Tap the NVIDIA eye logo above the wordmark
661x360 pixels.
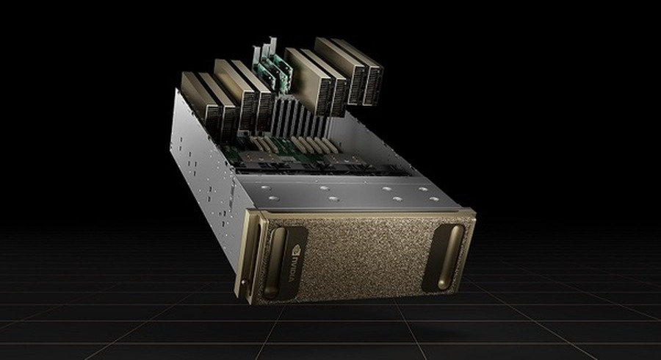click(x=297, y=248)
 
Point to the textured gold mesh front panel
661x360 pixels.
click(x=366, y=256)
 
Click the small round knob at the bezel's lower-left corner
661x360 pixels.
click(x=244, y=282)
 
